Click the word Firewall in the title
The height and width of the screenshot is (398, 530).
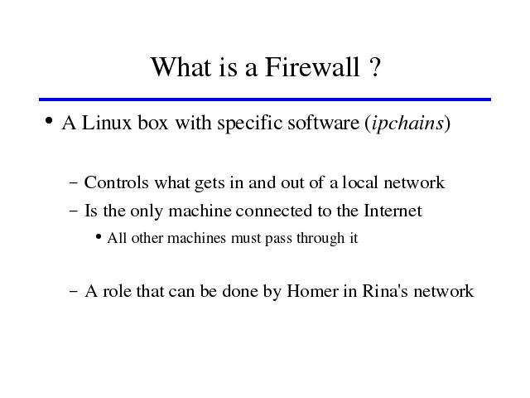click(x=312, y=67)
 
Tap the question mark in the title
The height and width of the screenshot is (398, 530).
click(x=374, y=67)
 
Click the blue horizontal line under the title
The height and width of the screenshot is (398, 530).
click(x=265, y=99)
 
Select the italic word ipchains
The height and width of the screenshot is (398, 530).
click(x=407, y=124)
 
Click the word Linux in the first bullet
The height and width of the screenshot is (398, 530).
click(x=107, y=123)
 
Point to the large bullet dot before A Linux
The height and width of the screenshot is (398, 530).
click(x=49, y=120)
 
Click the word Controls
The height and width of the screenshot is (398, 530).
click(x=116, y=182)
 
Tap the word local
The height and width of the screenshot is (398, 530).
click(x=359, y=182)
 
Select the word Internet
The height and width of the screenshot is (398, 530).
click(x=393, y=211)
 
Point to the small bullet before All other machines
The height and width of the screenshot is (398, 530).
click(x=99, y=236)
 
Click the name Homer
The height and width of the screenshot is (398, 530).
click(x=312, y=291)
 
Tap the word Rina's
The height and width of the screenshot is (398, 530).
click(x=385, y=291)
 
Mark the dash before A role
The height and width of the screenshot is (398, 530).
click(x=74, y=291)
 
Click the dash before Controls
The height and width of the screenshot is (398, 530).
click(x=74, y=182)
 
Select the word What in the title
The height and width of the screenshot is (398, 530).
click(x=181, y=67)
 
